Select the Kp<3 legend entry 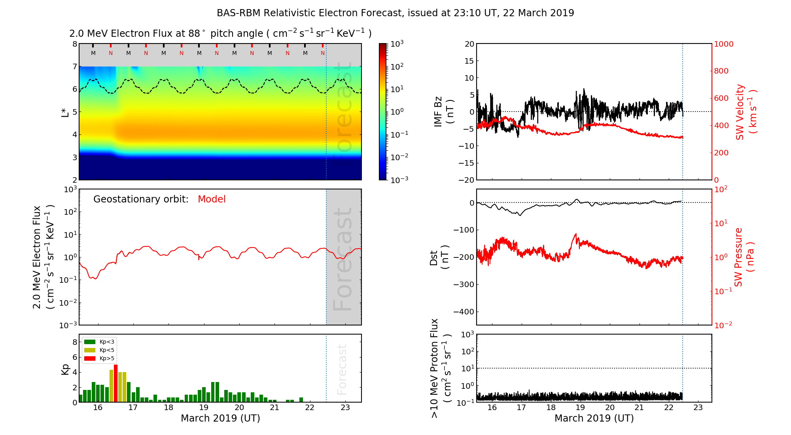coord(99,342)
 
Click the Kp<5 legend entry coord(99,350)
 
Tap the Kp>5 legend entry coord(99,359)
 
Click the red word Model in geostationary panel coord(212,199)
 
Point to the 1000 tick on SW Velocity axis coord(723,44)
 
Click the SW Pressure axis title coord(744,257)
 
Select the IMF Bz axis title coord(443,112)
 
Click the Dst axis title coord(439,257)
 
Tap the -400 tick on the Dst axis coord(464,312)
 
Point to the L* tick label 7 coord(75,66)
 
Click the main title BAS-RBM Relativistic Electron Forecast coord(395,13)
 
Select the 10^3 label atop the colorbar coord(397,43)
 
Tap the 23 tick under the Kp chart coord(345,408)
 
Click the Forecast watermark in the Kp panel coord(342,369)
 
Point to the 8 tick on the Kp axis coord(75,342)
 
